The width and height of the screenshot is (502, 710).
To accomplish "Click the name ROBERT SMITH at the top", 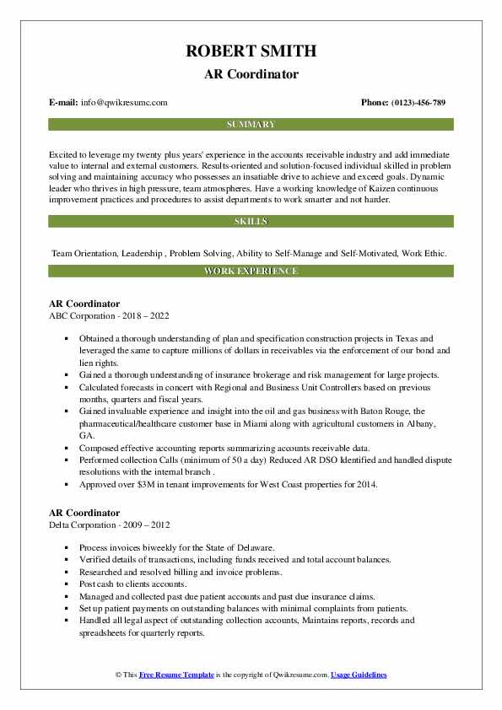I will (251, 51).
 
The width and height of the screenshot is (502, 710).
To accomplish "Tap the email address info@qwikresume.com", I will (124, 103).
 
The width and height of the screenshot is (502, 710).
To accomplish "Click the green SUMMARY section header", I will (251, 125).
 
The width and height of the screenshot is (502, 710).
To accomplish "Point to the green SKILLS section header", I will (251, 222).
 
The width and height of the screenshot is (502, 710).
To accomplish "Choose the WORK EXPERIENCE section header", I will (251, 272).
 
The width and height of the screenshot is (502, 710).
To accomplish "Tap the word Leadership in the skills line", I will (146, 253).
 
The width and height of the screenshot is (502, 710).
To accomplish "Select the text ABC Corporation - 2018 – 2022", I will (109, 316).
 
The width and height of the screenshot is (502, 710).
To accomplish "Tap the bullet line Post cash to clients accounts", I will (133, 584).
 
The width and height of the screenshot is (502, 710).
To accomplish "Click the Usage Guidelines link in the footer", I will (359, 675).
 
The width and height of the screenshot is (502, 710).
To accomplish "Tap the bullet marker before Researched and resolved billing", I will (67, 571).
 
